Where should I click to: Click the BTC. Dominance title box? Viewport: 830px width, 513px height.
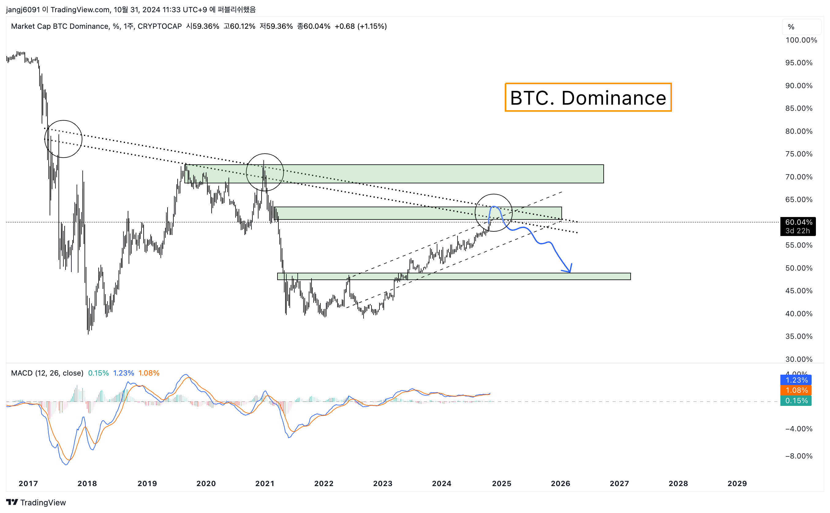coord(588,97)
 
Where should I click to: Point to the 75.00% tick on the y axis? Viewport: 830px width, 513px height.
coord(798,154)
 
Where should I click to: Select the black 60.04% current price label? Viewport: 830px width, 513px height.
coord(798,226)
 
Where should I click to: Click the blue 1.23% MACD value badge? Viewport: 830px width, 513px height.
coord(796,380)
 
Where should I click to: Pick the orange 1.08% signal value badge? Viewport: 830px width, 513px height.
coord(796,390)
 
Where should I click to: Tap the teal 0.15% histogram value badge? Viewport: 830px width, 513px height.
coord(796,401)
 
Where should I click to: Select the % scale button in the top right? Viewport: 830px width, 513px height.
coord(791,27)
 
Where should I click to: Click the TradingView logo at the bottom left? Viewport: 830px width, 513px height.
coord(36,502)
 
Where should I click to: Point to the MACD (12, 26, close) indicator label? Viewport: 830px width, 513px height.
coord(47,373)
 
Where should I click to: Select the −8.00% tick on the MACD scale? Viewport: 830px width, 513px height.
coord(798,456)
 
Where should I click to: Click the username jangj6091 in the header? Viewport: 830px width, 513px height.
coord(23,9)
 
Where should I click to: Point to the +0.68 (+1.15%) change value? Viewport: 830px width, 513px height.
coord(360,26)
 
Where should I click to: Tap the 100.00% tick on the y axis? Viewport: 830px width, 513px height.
coord(801,40)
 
